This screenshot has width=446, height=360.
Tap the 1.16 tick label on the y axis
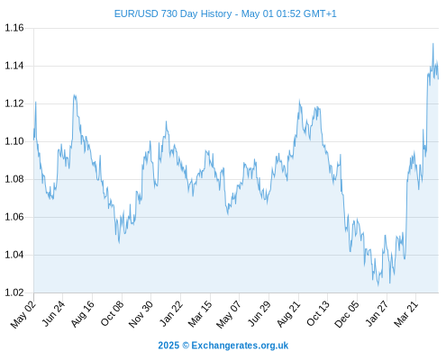pos(14,28)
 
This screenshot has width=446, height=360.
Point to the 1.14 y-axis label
pos(14,66)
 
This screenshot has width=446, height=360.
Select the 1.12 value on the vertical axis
pos(14,103)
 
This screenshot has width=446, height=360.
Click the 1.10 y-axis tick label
pos(14,141)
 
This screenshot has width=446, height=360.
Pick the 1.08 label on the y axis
pos(14,179)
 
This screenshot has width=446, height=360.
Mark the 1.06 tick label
pos(14,217)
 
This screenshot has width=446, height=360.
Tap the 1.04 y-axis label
pos(14,255)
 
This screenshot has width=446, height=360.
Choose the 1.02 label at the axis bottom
pos(14,292)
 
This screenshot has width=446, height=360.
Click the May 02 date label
pos(23,314)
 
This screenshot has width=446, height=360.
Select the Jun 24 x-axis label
pos(53,313)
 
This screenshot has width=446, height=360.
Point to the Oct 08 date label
pos(113,313)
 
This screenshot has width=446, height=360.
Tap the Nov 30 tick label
pos(141,314)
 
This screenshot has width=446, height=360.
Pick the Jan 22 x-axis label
pos(171,313)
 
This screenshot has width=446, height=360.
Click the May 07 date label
pos(229,314)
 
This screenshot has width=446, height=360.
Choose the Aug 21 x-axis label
pos(289,313)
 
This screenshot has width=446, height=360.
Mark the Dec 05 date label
pos(347,314)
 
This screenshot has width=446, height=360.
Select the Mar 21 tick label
pos(406,313)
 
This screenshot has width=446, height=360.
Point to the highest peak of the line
pos(433,43)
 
